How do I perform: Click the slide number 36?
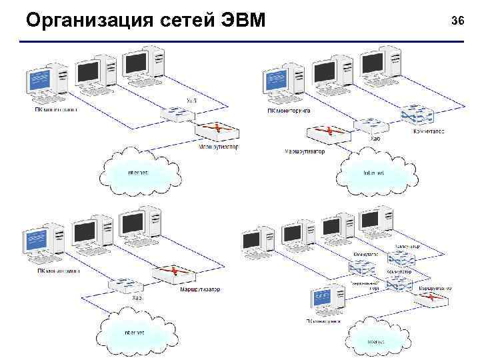[x=457, y=21]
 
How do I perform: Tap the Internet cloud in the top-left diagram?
[x=140, y=172]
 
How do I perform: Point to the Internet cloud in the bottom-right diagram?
[x=377, y=341]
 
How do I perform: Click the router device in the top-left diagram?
[x=217, y=131]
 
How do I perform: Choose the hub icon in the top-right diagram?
[x=369, y=125]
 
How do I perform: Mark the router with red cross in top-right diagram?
[x=327, y=133]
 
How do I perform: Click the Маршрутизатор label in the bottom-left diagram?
[x=199, y=289]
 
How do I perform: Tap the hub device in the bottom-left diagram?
[x=125, y=286]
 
